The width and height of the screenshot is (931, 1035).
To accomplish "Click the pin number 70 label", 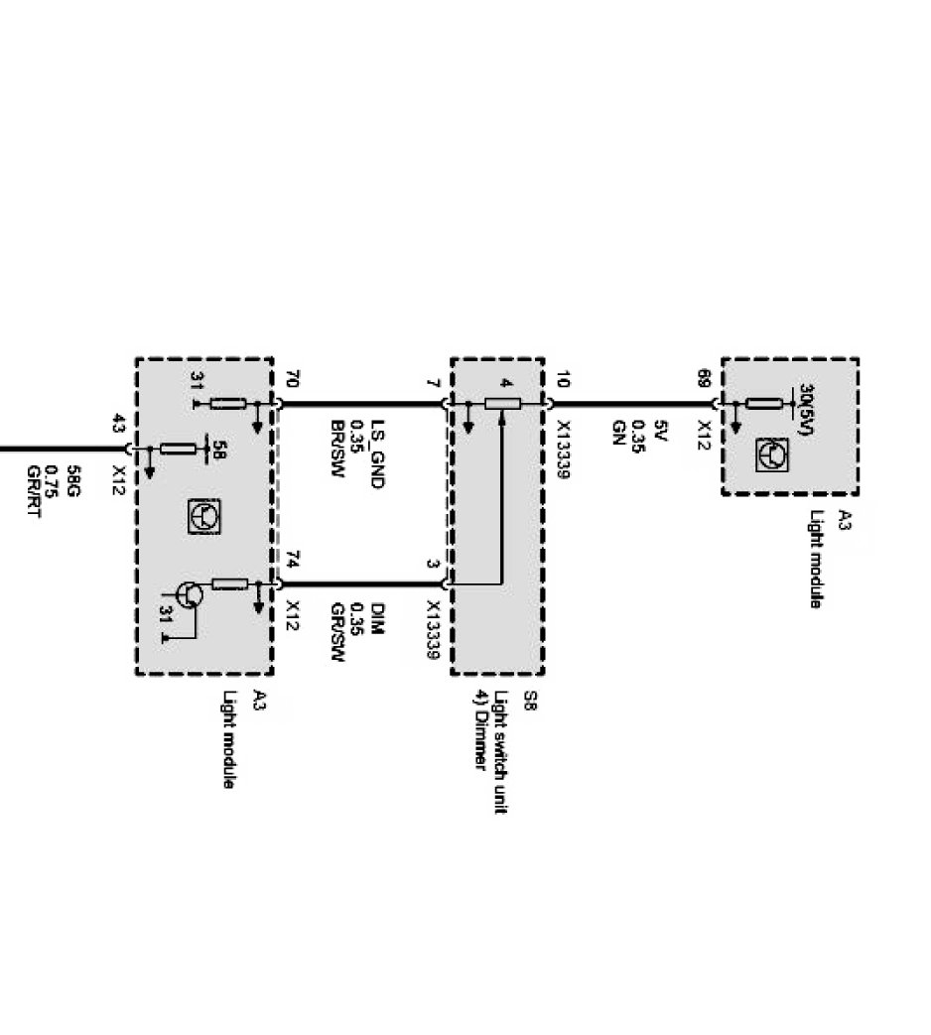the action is pyautogui.click(x=291, y=378).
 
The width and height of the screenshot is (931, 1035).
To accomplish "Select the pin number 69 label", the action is pyautogui.click(x=704, y=378).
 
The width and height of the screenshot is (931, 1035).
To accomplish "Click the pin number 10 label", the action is pyautogui.click(x=563, y=378).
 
